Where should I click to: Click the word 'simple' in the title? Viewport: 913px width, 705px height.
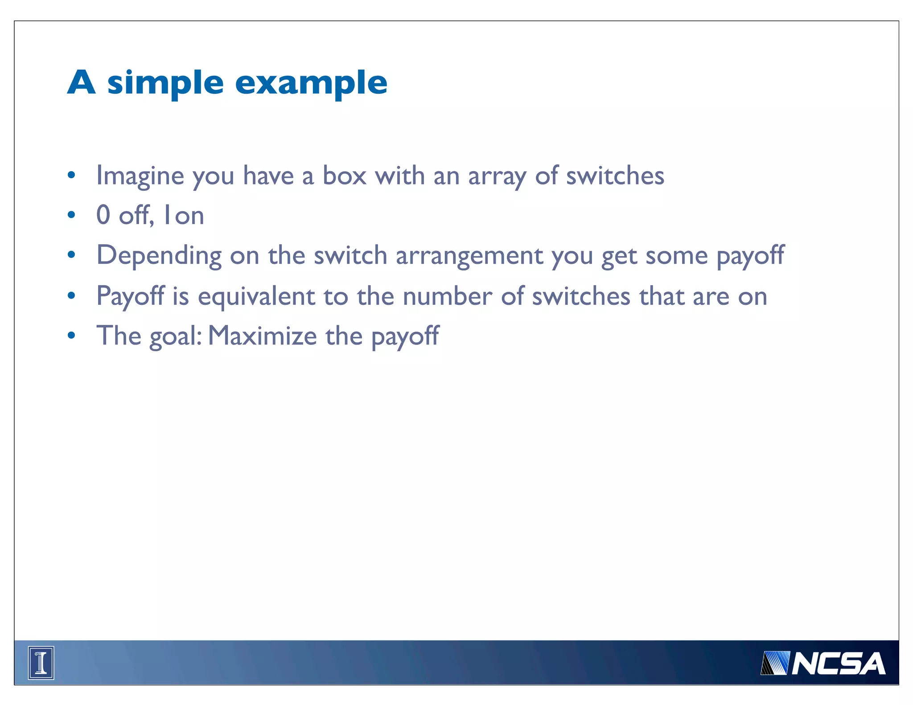[165, 84]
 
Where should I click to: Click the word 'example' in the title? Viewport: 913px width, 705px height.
[311, 84]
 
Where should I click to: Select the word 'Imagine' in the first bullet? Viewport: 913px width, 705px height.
[140, 176]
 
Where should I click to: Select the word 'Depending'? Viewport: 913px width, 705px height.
[159, 256]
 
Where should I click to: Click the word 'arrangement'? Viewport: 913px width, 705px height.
[469, 256]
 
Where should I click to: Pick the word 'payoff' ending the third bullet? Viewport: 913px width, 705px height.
[750, 256]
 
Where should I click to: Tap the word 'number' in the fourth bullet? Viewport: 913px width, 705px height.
[447, 296]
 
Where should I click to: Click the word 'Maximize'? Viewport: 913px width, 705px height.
[262, 336]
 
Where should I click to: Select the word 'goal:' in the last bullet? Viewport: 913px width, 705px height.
[176, 336]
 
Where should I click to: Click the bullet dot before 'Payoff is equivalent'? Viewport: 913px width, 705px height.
[71, 295]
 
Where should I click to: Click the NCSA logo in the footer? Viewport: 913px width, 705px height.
[823, 664]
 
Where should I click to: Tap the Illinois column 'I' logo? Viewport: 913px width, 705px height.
[41, 663]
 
